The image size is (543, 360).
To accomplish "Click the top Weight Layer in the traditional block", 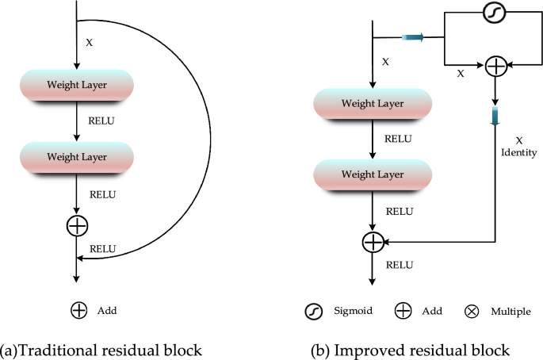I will (77, 85).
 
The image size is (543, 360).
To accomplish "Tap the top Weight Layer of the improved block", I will (373, 103).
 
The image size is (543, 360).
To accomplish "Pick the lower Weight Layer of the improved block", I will (373, 174).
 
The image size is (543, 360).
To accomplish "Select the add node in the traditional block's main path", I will (77, 226).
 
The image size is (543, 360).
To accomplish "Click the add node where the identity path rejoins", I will (373, 241).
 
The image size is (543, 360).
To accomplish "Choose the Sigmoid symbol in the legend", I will (314, 311).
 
